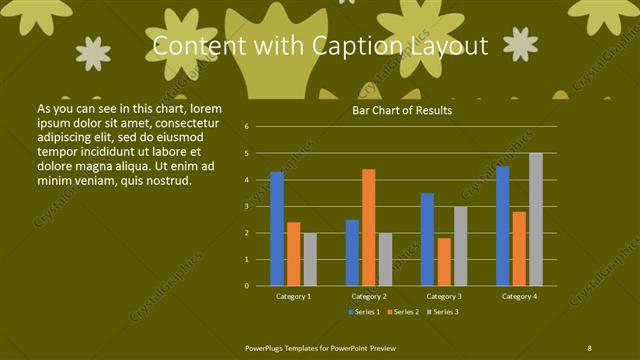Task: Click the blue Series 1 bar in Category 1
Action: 277,229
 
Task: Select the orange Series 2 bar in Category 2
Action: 368,227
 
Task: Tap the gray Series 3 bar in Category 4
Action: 535,219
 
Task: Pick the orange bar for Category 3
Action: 443,261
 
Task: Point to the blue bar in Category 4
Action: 502,226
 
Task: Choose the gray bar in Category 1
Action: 310,259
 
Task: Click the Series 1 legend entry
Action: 366,312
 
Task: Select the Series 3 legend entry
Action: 443,312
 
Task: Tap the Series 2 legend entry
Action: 405,312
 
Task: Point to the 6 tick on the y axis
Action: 246,127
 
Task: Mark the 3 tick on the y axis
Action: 246,206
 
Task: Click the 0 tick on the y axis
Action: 246,285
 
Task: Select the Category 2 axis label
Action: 368,297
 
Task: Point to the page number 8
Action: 590,346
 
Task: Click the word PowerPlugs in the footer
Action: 266,346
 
